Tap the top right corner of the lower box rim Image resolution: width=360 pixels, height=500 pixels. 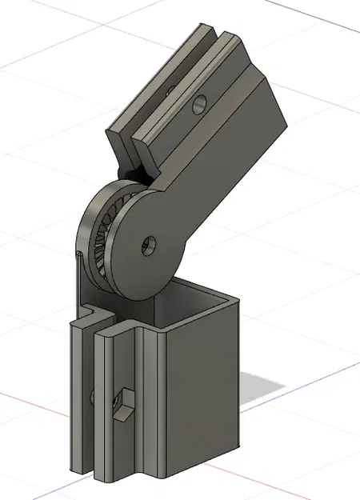coord(239,299)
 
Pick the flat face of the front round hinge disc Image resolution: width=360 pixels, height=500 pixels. coord(144,256)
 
